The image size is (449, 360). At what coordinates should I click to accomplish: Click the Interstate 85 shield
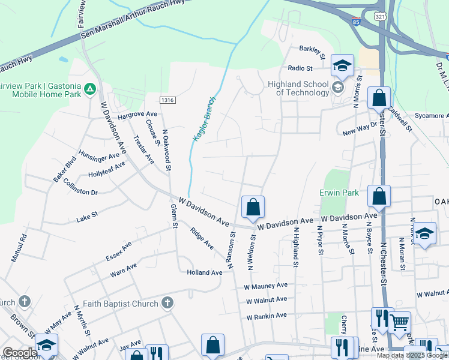coord(357,20)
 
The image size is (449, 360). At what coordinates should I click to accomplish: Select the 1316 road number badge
coord(167,100)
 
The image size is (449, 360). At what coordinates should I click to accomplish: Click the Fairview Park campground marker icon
coord(90,89)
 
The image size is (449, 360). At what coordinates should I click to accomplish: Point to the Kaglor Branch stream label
coord(203,119)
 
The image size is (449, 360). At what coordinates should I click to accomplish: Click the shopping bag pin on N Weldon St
coord(253,208)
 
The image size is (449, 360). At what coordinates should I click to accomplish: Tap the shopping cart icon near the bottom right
coord(399,323)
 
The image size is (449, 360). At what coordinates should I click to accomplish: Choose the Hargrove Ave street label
coord(137,113)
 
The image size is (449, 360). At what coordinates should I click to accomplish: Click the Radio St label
coord(300,68)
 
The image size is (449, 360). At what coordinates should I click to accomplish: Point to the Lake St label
coord(86,217)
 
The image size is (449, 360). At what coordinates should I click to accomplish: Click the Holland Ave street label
coord(204,272)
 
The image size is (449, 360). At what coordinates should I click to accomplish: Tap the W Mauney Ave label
coord(265,286)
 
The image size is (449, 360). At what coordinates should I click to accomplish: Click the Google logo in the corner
coord(19,353)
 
